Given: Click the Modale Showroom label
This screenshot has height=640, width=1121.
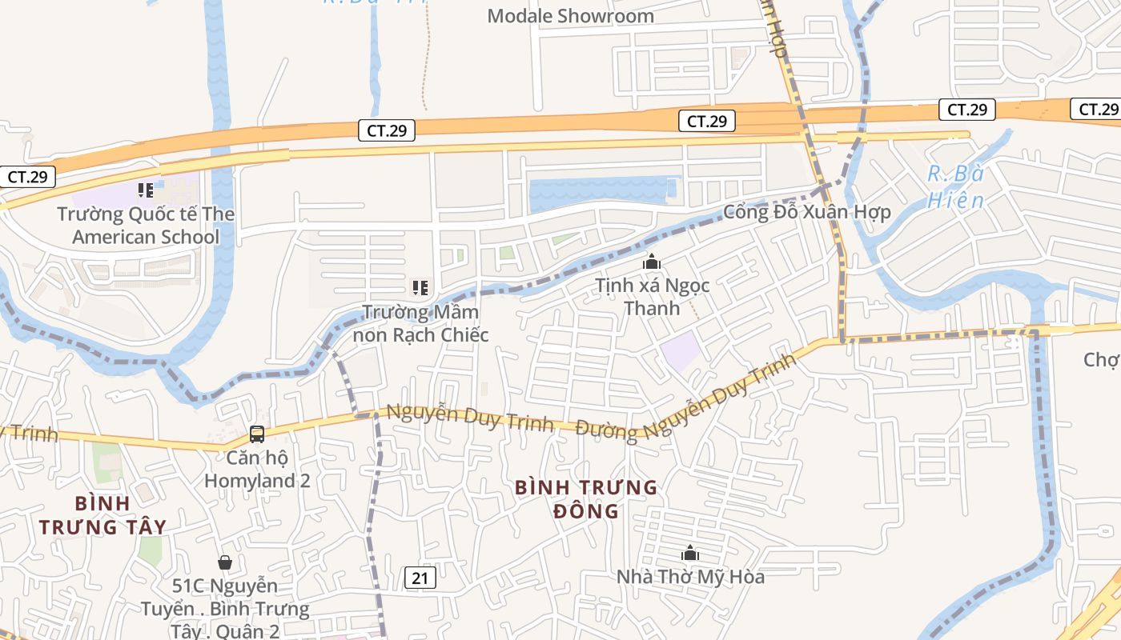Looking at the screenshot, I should [x=570, y=16].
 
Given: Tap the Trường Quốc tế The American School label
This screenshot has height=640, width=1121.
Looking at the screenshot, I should [x=146, y=226].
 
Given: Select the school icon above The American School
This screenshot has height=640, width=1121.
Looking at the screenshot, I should [x=145, y=190].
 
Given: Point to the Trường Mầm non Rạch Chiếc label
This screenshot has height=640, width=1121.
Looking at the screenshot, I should [x=420, y=323].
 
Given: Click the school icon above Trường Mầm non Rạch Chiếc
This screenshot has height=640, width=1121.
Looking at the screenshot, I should [x=420, y=287].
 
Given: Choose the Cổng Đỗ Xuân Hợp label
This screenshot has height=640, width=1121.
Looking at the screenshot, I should [x=806, y=212].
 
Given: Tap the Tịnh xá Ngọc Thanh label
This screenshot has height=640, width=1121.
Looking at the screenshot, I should [x=652, y=297].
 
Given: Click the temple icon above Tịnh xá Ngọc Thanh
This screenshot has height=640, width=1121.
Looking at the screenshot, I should [x=652, y=262].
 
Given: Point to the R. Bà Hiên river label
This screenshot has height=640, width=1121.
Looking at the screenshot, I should [x=955, y=187].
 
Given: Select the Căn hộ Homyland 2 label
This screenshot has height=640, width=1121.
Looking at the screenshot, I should [x=257, y=470].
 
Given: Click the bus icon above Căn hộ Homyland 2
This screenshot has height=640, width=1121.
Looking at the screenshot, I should [x=257, y=434].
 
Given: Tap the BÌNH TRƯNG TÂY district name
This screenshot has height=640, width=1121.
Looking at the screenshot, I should [x=102, y=515].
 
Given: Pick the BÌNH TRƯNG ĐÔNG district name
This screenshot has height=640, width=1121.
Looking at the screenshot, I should [x=586, y=498].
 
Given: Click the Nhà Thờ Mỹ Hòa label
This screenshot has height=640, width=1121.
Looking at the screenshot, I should [x=690, y=576].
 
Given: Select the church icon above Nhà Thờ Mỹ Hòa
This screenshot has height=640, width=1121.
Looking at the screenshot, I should [x=689, y=553].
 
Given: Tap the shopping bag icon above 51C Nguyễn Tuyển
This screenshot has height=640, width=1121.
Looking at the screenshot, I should [x=225, y=562].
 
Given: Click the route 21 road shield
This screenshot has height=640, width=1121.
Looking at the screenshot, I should [x=420, y=578].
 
